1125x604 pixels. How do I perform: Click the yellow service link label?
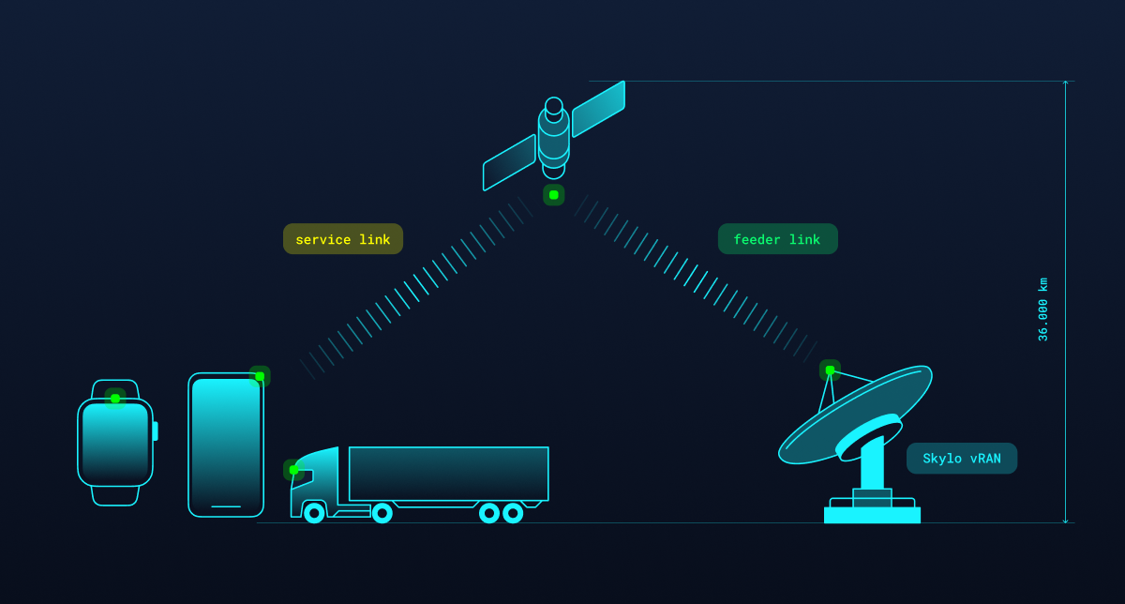343,239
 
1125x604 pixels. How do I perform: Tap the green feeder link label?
777,239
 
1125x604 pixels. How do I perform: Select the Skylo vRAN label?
961,459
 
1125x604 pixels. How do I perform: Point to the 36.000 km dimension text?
1042,310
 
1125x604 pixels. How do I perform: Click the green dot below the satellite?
554,195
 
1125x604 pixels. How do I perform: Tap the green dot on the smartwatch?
115,399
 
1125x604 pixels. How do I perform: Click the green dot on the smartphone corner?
260,376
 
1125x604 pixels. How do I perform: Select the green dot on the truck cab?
293,470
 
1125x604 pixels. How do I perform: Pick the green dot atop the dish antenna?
830,370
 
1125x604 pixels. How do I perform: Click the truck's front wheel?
314,513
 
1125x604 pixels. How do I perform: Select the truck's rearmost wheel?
513,513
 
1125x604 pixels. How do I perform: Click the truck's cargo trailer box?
448,474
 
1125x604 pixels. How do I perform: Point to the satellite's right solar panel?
598,109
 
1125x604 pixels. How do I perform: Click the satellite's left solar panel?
509,162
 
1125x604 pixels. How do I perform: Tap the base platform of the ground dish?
872,515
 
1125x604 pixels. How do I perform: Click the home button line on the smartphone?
226,506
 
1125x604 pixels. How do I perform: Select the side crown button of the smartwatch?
156,431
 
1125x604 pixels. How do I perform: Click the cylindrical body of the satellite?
554,139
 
